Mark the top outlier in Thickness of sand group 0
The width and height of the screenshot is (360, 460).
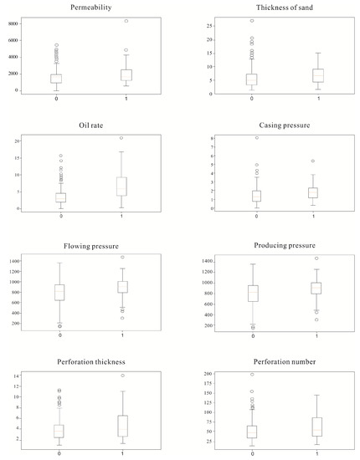coord(252,21)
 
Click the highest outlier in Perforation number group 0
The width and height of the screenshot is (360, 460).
coord(252,375)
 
